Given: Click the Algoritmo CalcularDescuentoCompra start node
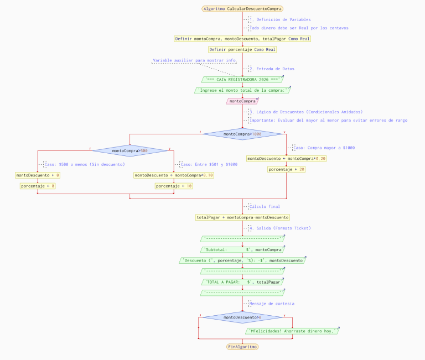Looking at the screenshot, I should click(x=242, y=9).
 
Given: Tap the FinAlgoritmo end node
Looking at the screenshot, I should click(x=242, y=347).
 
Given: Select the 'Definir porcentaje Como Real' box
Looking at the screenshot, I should click(x=242, y=49).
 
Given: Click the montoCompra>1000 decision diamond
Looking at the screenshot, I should click(x=242, y=134).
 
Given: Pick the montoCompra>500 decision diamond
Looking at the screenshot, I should click(x=129, y=150).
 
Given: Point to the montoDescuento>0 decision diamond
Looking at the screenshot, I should click(x=242, y=317).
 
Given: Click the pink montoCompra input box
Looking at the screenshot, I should click(x=242, y=101).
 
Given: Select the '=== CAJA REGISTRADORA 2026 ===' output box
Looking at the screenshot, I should click(x=242, y=80).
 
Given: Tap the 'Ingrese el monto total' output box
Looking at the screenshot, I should click(x=242, y=90).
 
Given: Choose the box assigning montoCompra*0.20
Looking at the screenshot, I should click(x=287, y=159).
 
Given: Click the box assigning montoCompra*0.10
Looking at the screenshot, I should click(x=174, y=175).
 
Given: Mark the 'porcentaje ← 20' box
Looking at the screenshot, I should click(x=287, y=170).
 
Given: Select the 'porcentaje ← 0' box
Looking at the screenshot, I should click(x=38, y=186).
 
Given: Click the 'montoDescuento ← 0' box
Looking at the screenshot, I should click(x=38, y=175).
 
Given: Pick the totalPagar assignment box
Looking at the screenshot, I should click(x=242, y=217).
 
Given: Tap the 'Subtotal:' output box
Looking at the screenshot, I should click(x=242, y=250).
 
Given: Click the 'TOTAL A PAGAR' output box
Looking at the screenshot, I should click(x=242, y=282).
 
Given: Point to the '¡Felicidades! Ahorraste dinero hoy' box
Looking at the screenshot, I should click(x=292, y=331).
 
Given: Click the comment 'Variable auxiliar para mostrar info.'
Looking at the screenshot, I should click(x=194, y=60).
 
